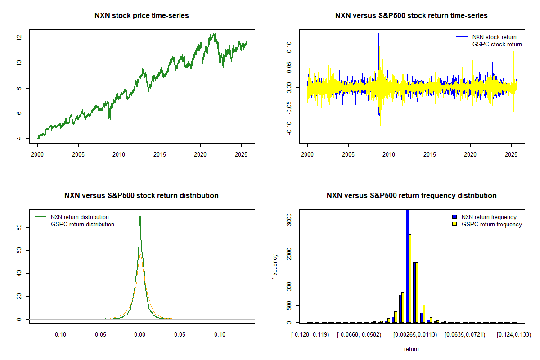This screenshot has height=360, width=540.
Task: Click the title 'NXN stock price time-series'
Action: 141,16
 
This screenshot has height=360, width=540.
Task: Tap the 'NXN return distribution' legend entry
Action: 80,217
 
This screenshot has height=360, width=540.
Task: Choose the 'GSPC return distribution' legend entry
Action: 82,224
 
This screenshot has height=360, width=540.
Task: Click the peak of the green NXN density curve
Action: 140,216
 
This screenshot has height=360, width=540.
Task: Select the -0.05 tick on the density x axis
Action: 100,334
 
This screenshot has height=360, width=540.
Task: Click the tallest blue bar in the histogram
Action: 407,265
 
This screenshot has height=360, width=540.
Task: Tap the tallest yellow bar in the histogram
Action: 410,278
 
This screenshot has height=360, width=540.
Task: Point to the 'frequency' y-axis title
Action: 275,266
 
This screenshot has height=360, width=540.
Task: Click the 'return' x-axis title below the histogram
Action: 411,349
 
